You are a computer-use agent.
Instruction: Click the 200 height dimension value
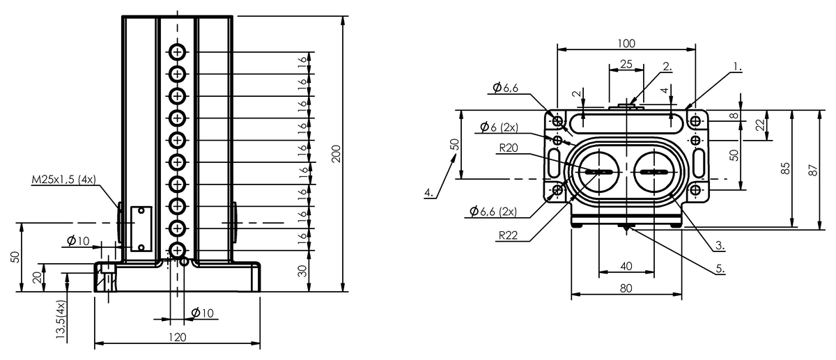336,154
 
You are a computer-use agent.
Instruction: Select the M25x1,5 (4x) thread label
64,180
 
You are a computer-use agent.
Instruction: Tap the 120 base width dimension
177,337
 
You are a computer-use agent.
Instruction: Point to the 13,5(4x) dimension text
61,320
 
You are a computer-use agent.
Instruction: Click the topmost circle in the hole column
177,52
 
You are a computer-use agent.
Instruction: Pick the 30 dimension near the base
302,271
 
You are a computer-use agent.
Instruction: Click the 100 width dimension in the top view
626,44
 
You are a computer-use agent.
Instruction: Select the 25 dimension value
626,65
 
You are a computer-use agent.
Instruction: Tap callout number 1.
737,67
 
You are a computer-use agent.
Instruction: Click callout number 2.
667,66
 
